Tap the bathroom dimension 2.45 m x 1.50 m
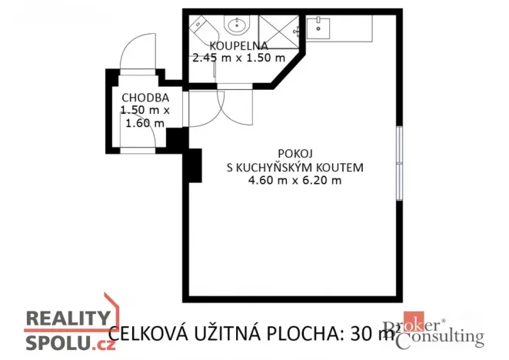click(238, 58)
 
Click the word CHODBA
click(145, 98)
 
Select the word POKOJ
click(294, 153)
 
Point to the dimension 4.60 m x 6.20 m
click(294, 181)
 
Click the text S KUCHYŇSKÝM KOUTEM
click(294, 167)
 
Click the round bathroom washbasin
click(235, 27)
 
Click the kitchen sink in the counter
click(318, 28)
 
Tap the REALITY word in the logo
click(68, 318)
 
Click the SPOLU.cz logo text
click(71, 342)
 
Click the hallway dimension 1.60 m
click(145, 122)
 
